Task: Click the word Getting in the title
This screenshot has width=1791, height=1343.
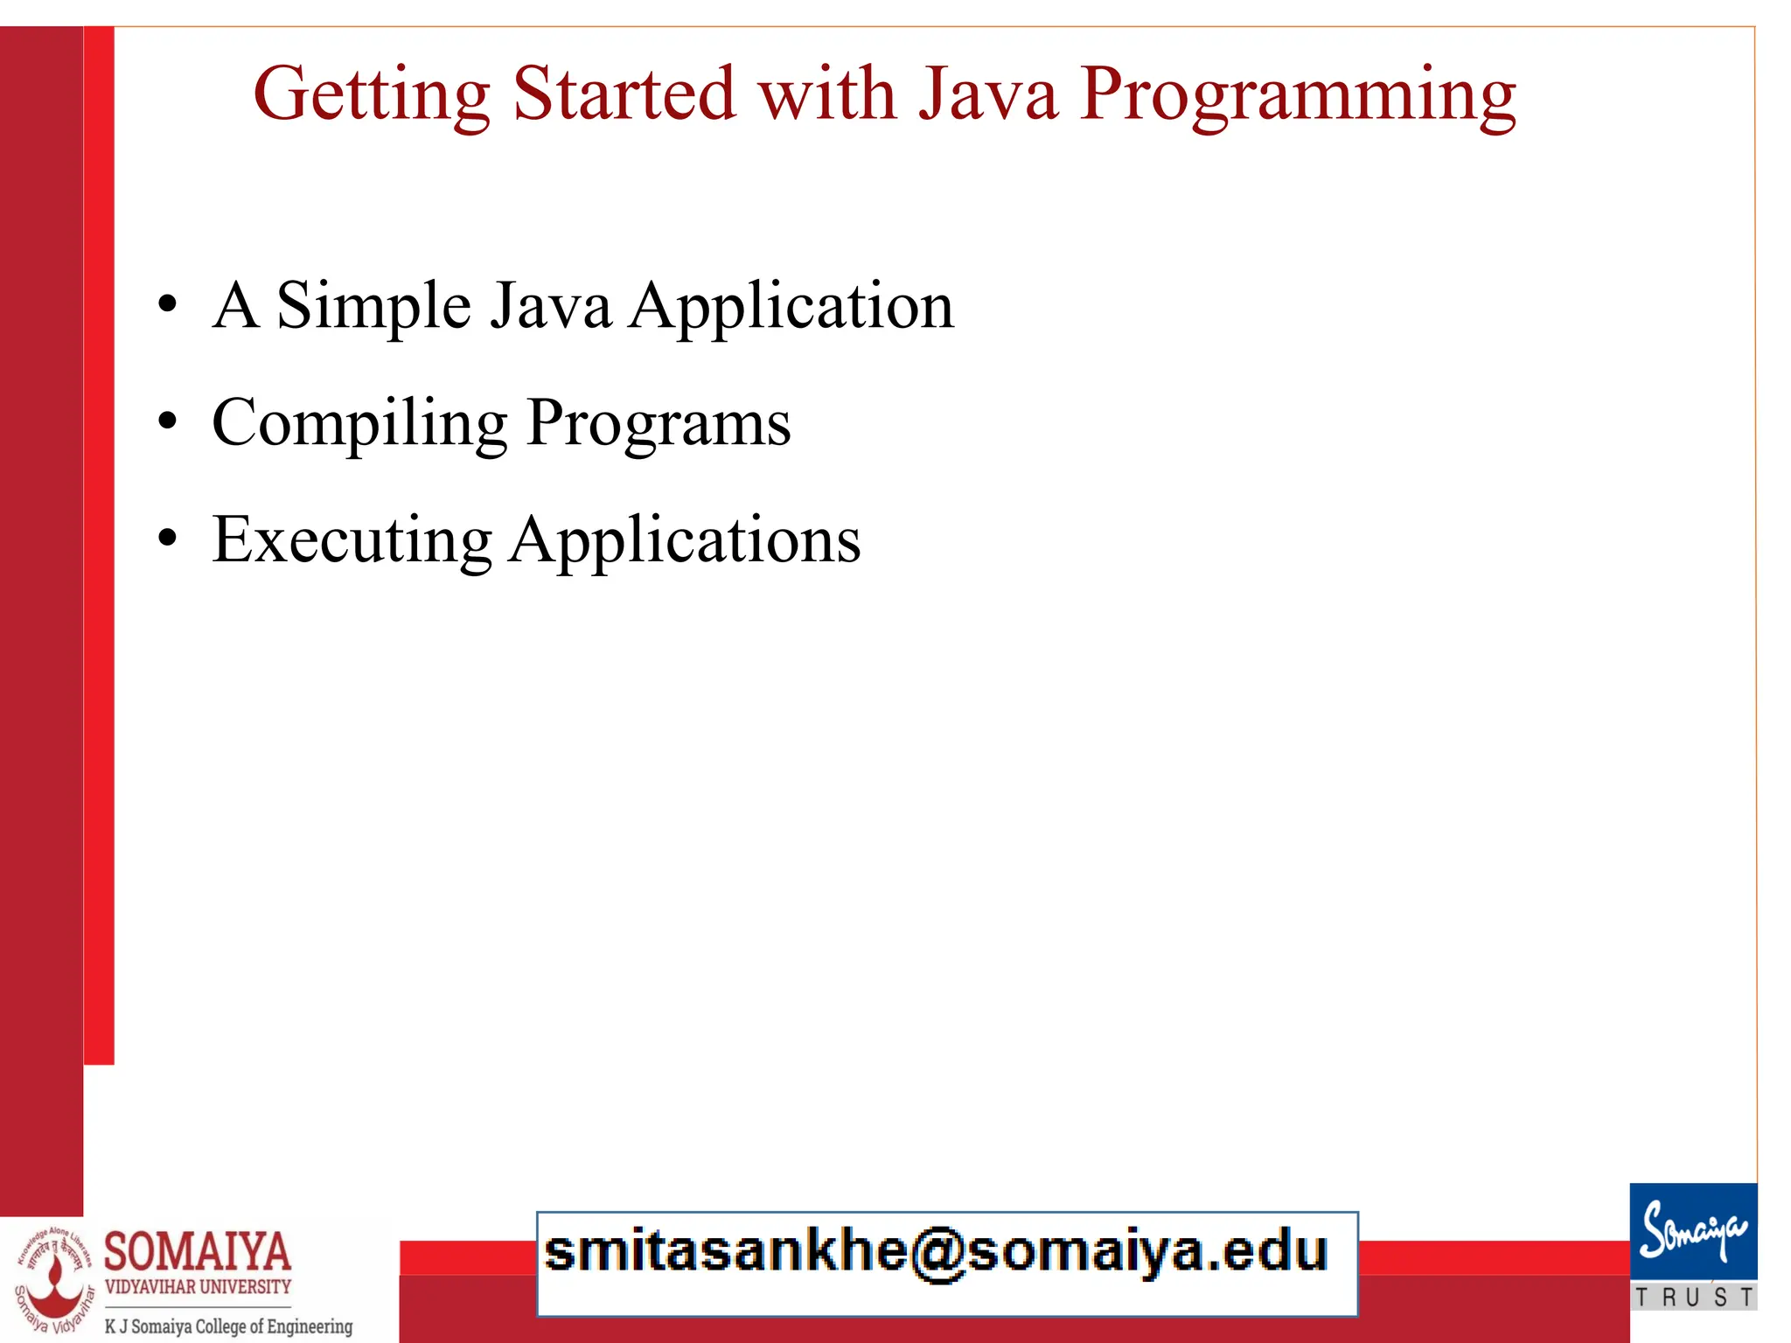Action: [x=371, y=94]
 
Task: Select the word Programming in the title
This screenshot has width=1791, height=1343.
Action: [x=1298, y=94]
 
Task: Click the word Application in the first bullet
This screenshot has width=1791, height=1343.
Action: [x=791, y=307]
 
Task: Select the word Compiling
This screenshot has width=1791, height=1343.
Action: [x=359, y=423]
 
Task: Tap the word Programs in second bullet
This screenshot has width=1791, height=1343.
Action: [x=659, y=423]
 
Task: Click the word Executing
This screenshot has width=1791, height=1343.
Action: [x=352, y=540]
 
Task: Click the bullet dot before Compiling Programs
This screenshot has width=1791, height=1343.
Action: [x=167, y=423]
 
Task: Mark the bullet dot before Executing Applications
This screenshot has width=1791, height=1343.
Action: [x=167, y=539]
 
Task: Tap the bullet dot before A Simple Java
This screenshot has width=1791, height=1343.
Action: [x=167, y=306]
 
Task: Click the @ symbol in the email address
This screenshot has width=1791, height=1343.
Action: [x=937, y=1254]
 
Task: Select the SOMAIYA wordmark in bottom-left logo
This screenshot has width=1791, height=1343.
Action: [x=198, y=1251]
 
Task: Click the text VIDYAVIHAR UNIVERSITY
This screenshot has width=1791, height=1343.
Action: [x=198, y=1287]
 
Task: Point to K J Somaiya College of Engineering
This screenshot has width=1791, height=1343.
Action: [x=228, y=1326]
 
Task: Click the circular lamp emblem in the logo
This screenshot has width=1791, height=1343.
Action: [x=54, y=1282]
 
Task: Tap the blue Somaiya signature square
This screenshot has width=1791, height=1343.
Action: [x=1692, y=1231]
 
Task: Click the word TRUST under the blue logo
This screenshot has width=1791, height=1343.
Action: [x=1694, y=1298]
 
